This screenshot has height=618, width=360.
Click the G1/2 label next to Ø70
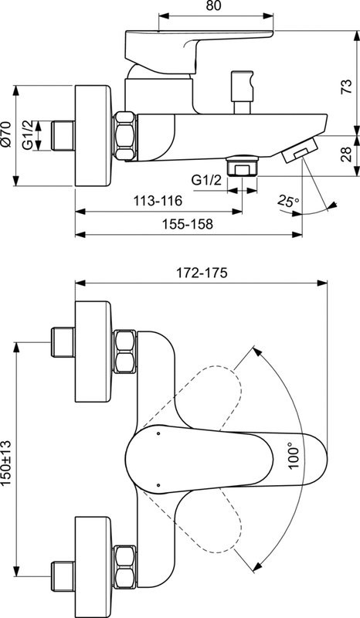[x=29, y=134]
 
